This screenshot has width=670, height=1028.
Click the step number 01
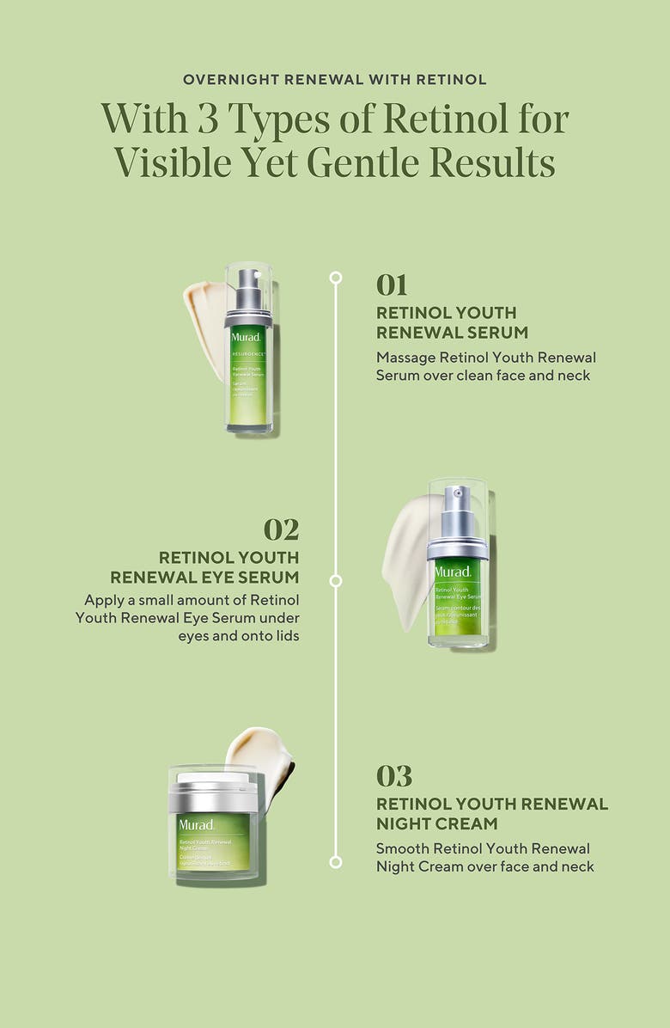[x=392, y=285]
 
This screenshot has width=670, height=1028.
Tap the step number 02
[x=281, y=529]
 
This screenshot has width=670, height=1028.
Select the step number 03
[x=393, y=775]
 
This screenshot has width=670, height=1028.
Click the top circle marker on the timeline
[x=336, y=278]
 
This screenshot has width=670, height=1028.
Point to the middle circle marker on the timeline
[x=336, y=581]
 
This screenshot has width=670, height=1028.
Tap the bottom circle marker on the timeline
[x=336, y=861]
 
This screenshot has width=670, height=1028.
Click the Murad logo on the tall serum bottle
[x=246, y=336]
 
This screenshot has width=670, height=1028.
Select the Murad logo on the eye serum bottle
[x=453, y=572]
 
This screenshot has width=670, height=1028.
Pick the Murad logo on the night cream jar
[x=196, y=824]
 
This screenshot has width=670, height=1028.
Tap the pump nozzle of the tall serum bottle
[x=247, y=281]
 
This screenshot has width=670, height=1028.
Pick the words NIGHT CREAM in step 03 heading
[x=436, y=823]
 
